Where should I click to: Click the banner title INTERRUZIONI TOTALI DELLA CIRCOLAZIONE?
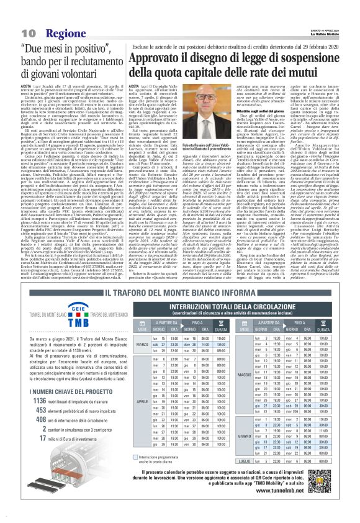(233, 311)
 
